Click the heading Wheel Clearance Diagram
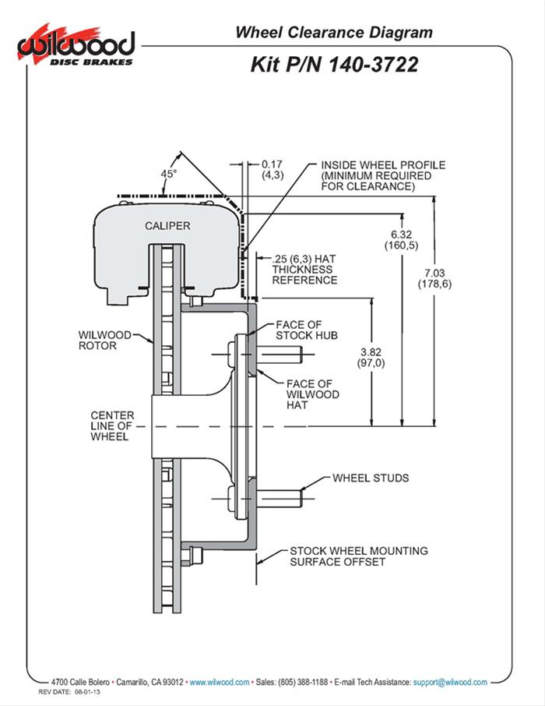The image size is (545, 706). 334,32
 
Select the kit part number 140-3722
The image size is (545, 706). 334,64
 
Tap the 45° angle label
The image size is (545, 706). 169,175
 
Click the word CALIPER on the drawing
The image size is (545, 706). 167,226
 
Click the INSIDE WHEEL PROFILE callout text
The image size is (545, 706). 382,176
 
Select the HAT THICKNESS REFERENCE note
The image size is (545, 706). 305,269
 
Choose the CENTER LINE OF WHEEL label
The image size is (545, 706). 112,426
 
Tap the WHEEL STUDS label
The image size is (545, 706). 371,478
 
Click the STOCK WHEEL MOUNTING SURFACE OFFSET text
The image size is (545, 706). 358,556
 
